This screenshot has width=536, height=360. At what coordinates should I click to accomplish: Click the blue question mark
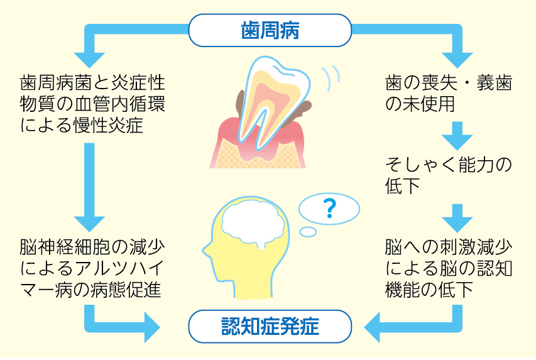pos(328,210)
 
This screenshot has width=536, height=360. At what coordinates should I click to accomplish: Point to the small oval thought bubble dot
pos(308,232)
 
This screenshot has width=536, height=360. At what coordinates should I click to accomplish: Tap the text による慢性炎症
pos(82,125)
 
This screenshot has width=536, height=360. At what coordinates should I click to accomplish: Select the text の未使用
pos(419,104)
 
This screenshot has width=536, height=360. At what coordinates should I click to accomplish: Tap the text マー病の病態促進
pos(92,290)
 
